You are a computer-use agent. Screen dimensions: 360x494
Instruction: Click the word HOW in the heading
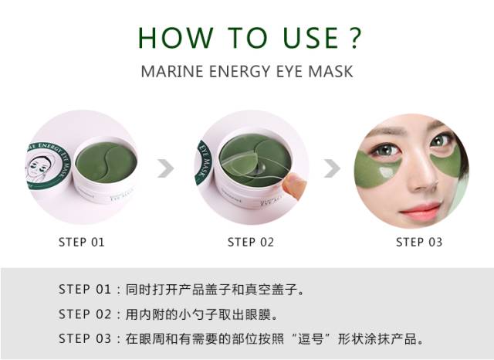171,38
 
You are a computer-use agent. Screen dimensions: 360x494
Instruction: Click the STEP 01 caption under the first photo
81,242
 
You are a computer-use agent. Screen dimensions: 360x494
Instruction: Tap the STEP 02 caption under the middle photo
250,242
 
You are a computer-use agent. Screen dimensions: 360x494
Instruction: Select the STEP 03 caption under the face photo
419,242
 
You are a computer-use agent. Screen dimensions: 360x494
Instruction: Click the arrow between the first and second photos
165,168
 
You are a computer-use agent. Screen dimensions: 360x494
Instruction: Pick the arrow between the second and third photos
332,168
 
